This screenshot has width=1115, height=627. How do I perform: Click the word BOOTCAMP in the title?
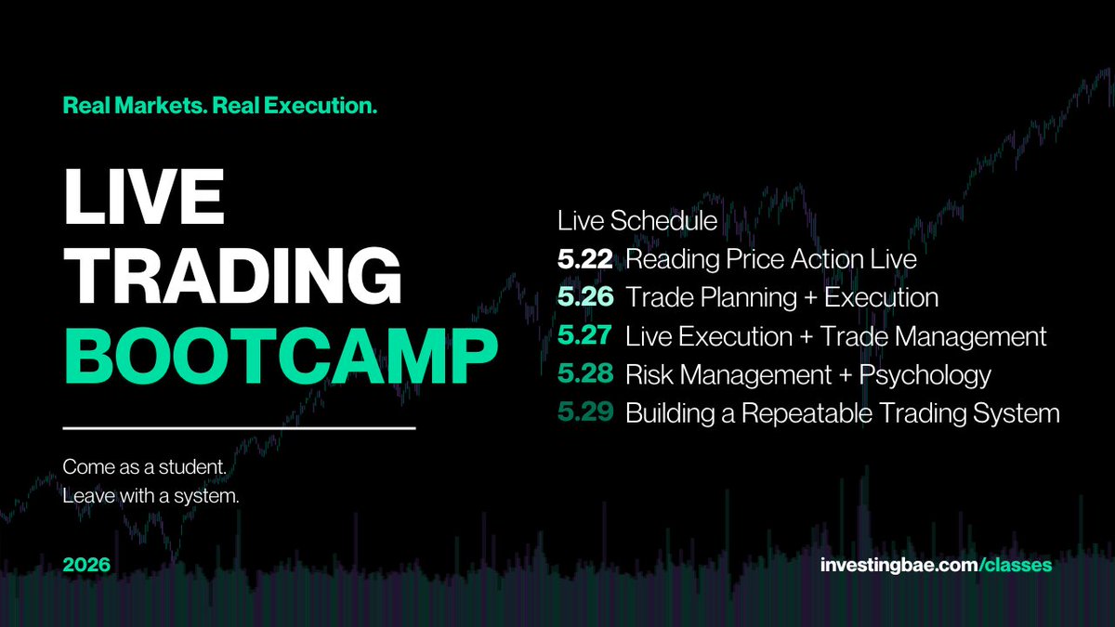tap(282, 357)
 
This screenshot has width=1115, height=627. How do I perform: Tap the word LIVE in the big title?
tap(144, 197)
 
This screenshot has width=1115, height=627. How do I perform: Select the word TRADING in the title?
tap(233, 276)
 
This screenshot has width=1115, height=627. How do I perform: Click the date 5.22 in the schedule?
tap(584, 259)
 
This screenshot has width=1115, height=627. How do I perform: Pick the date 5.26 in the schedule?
tap(585, 297)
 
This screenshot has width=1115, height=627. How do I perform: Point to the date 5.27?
tap(584, 335)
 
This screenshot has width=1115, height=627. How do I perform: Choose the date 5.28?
tap(585, 373)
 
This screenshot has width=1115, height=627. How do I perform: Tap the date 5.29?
tap(585, 412)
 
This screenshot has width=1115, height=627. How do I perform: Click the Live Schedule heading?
tap(637, 221)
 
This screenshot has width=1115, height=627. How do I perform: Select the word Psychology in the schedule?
tap(925, 375)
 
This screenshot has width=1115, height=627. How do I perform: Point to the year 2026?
tap(86, 565)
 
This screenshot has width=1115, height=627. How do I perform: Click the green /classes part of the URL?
tap(1015, 566)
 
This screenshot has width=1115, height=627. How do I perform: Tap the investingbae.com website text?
tap(899, 566)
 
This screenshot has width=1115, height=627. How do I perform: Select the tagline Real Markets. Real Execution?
tap(220, 106)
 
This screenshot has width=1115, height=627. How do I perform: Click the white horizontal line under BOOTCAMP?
tap(239, 428)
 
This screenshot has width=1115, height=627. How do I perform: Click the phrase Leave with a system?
tap(151, 496)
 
